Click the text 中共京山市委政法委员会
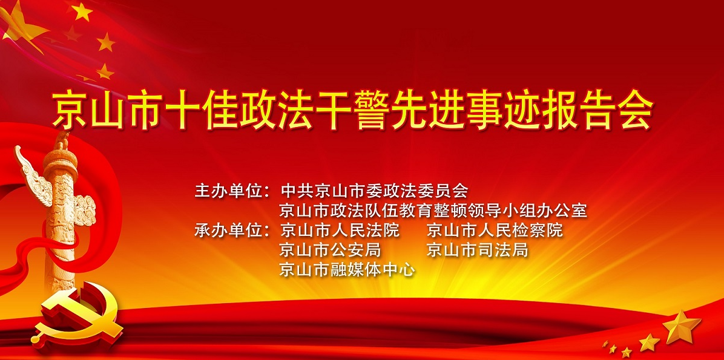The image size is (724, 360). [x=375, y=190]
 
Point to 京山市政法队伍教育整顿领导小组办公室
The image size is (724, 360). [x=433, y=211]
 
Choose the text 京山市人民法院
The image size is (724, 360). [x=340, y=230]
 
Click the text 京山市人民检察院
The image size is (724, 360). [x=495, y=230]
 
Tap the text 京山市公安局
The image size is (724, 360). [x=330, y=250]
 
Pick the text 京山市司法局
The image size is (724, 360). [x=477, y=250]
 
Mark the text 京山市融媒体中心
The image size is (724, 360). [x=347, y=269]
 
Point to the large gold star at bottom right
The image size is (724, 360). [x=682, y=326]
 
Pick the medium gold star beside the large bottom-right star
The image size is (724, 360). [x=649, y=342]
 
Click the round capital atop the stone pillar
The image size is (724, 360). [x=60, y=159]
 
